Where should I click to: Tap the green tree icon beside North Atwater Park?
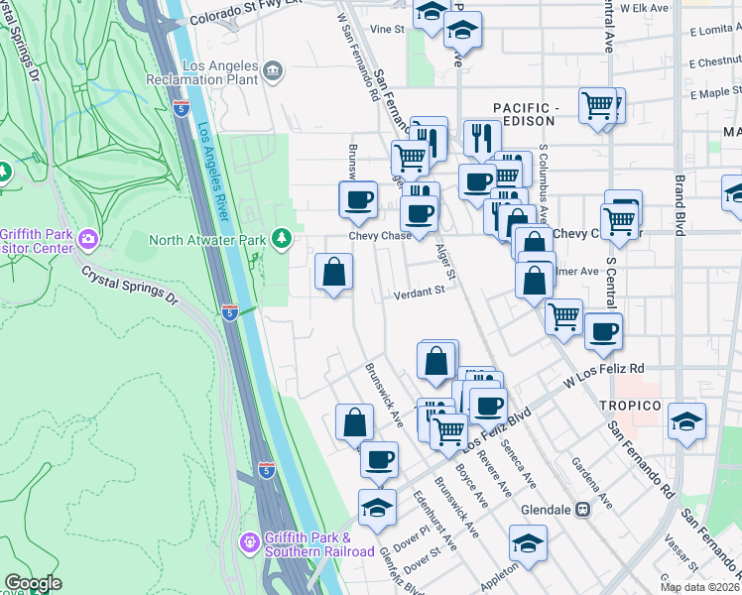[x=283, y=239]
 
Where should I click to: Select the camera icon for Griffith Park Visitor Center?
[x=89, y=239]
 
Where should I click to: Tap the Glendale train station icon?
[x=582, y=510]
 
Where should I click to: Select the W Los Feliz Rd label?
[x=604, y=374]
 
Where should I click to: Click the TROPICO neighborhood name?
[x=630, y=407]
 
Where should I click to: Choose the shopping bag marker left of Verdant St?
[x=333, y=273]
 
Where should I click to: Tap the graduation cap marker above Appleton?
[x=528, y=543]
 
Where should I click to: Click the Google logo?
[x=33, y=583]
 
